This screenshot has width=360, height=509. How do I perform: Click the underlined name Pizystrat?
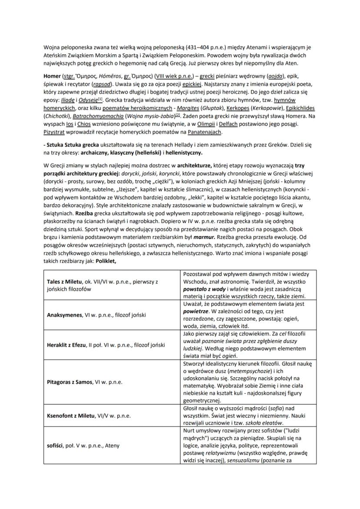(x=54, y=132)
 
